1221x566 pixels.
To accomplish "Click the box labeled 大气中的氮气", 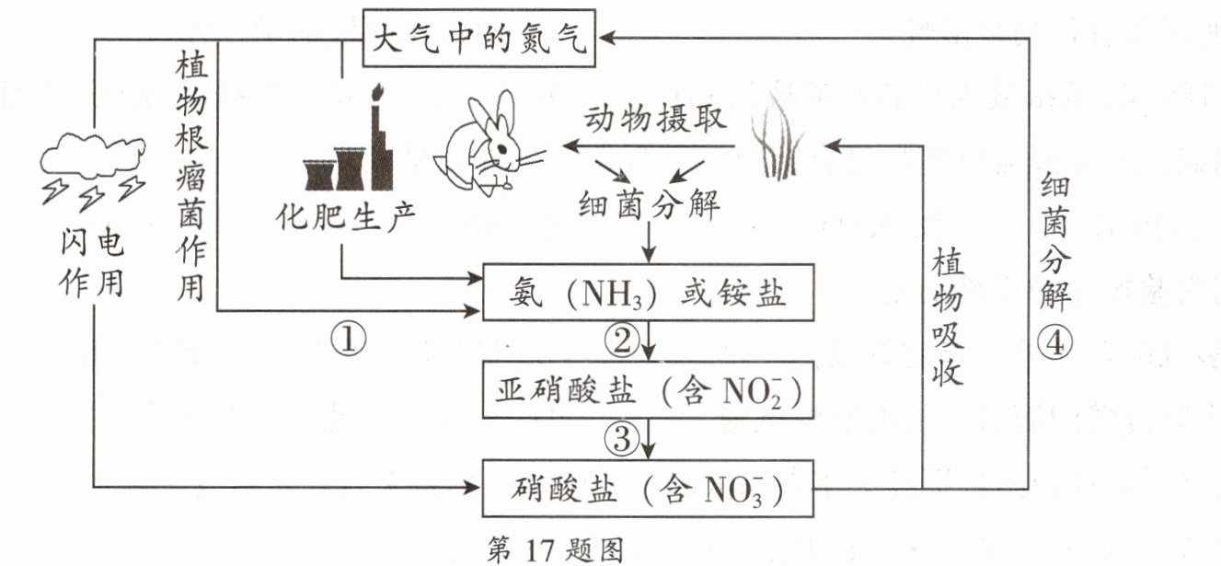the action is coord(479,38).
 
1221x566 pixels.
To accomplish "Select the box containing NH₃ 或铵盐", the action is coord(648,293).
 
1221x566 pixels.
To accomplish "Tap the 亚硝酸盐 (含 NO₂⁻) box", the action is coord(648,390).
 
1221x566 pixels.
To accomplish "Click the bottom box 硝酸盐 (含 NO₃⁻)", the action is coord(648,488).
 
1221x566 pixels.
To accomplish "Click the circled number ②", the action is coord(621,341).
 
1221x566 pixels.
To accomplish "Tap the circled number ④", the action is coord(1054,343).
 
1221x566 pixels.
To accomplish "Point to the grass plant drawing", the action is coord(778,136).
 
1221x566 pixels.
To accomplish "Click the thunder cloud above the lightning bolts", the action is coord(93,156).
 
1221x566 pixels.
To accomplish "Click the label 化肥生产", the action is coord(346,217).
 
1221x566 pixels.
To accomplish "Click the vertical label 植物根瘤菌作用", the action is coord(191,178).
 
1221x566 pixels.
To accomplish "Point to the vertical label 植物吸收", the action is coord(948,317).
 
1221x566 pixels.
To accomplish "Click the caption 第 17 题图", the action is coord(555,549).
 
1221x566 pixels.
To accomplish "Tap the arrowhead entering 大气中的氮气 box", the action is coord(606,38).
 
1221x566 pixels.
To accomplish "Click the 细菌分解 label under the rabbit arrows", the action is coord(649,205).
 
